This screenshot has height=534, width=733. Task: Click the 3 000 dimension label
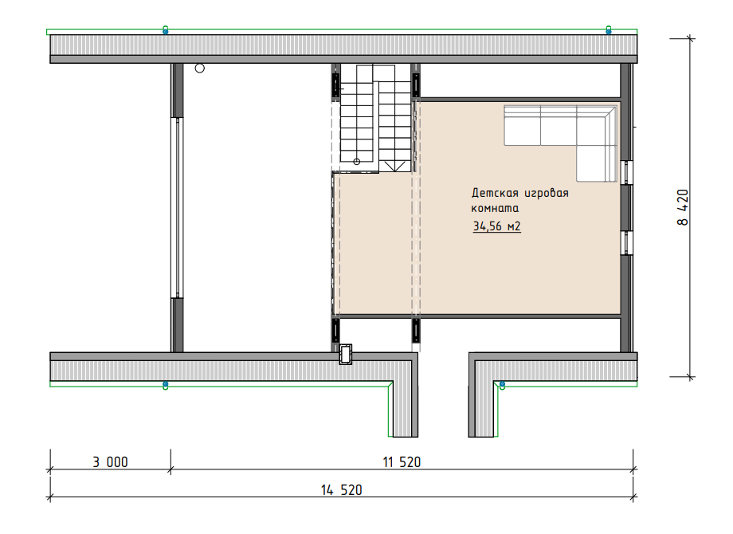click(x=110, y=462)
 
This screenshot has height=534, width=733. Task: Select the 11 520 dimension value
click(x=402, y=462)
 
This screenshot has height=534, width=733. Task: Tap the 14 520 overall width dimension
click(x=341, y=490)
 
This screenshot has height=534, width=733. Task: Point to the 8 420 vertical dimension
click(x=683, y=207)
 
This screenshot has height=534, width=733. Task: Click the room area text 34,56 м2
click(x=496, y=226)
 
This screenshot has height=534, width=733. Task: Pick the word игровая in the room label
click(x=547, y=193)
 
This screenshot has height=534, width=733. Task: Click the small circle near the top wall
click(x=200, y=69)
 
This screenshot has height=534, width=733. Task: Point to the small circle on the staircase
click(x=357, y=162)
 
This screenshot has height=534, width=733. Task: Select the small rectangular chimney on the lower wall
click(x=346, y=354)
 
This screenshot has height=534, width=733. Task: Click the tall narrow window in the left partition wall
click(x=177, y=207)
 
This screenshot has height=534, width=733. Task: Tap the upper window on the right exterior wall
click(x=629, y=173)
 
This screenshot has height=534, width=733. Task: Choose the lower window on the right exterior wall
click(x=629, y=242)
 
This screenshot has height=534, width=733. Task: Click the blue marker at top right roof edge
click(x=609, y=31)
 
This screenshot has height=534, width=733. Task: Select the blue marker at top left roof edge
click(x=166, y=31)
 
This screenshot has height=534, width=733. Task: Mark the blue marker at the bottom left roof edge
click(x=166, y=384)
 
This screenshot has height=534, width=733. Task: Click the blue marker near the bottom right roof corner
click(x=502, y=385)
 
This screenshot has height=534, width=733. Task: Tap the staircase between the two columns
click(x=375, y=118)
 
